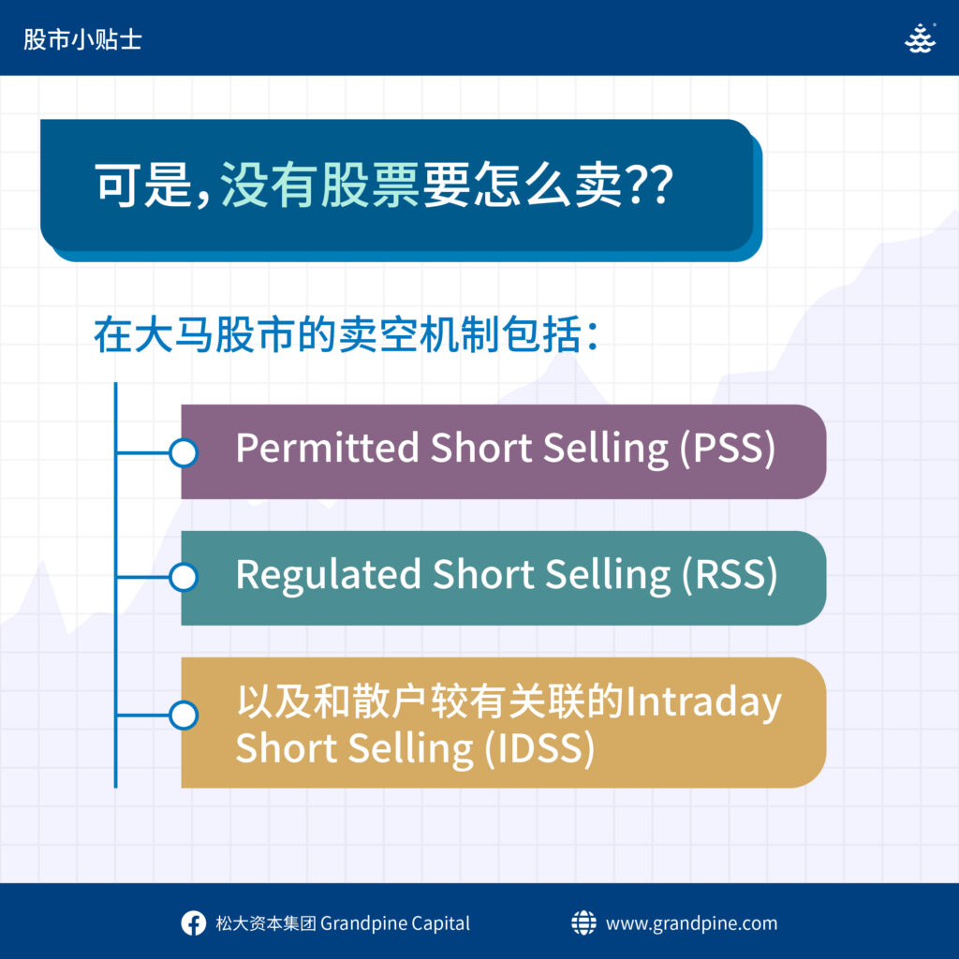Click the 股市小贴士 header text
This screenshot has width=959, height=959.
pyautogui.click(x=82, y=39)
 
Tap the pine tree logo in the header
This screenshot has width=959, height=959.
pyautogui.click(x=920, y=38)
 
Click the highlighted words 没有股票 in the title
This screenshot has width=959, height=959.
pyautogui.click(x=319, y=184)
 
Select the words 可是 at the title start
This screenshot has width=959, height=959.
pyautogui.click(x=143, y=184)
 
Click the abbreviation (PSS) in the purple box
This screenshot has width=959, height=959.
pyautogui.click(x=727, y=449)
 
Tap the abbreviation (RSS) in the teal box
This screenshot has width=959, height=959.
pyautogui.click(x=729, y=575)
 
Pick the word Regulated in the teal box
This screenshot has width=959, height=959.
pyautogui.click(x=329, y=576)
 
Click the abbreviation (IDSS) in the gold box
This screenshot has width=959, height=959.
pyautogui.click(x=539, y=748)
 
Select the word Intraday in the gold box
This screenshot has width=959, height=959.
pyautogui.click(x=703, y=702)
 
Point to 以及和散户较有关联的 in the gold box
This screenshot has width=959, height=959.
pyautogui.click(x=430, y=701)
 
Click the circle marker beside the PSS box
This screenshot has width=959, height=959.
pyautogui.click(x=184, y=453)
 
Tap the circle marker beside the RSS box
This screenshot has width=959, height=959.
pyautogui.click(x=184, y=577)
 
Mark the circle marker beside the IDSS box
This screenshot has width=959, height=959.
pyautogui.click(x=184, y=716)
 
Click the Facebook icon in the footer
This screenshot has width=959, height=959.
pyautogui.click(x=193, y=923)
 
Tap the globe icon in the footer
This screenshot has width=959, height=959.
pyautogui.click(x=583, y=922)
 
